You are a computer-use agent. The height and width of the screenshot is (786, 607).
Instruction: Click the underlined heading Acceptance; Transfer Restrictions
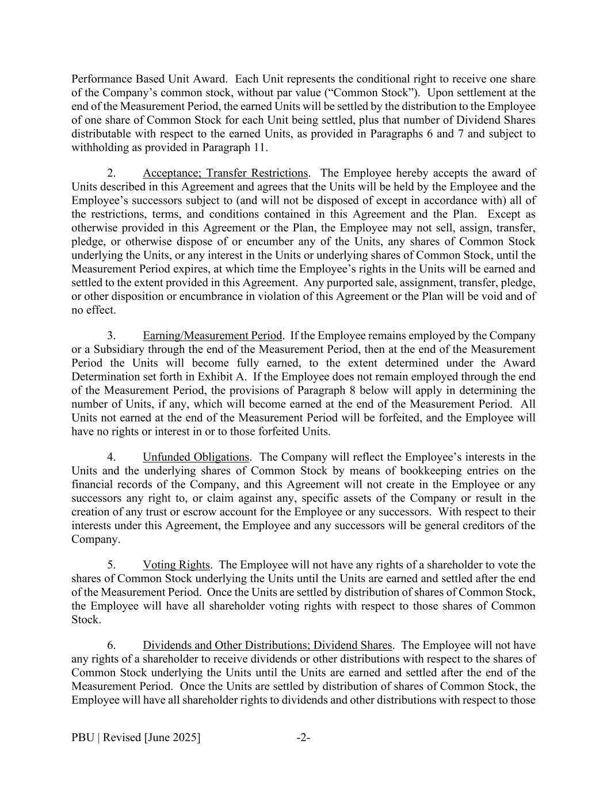click(225, 173)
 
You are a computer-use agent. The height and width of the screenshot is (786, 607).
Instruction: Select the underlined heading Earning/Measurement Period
click(212, 336)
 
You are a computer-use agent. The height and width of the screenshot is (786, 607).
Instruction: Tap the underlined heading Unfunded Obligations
click(196, 457)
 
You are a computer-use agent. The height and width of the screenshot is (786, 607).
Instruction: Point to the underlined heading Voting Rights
click(177, 565)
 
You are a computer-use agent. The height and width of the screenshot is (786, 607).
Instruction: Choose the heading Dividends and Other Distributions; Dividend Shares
click(268, 645)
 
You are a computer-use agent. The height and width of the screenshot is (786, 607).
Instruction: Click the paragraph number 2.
click(112, 173)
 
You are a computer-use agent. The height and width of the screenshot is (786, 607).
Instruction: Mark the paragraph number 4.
click(112, 457)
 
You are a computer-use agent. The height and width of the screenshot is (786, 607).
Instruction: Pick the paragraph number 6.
click(112, 645)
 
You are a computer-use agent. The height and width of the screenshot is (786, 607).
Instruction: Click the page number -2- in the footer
click(303, 738)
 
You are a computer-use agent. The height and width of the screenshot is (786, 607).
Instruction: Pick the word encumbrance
click(176, 297)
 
